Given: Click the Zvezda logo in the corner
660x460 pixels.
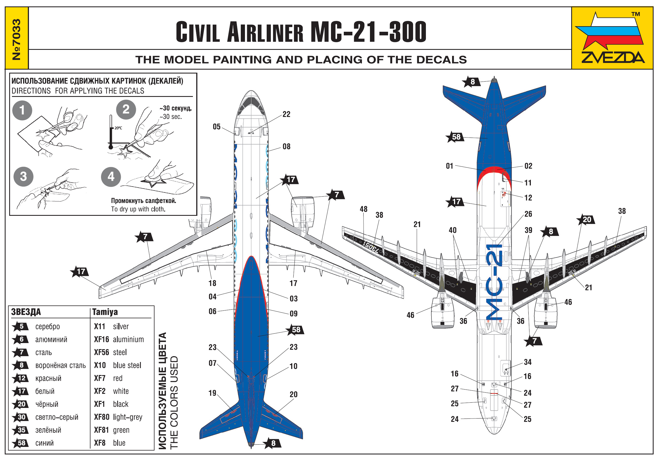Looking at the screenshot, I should [x=612, y=38].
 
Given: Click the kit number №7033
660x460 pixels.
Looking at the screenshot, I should [x=17, y=39].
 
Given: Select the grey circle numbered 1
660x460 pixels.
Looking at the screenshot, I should [x=22, y=110].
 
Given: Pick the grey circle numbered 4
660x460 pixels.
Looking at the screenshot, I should [x=111, y=177].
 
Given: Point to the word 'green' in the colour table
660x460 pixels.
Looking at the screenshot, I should [x=121, y=430].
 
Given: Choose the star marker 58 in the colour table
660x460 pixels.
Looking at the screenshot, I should [x=20, y=443].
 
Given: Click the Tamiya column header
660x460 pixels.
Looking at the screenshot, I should [x=105, y=312].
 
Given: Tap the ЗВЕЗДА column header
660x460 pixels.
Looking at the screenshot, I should [x=26, y=312].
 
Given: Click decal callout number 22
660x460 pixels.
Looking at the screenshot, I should [x=286, y=114].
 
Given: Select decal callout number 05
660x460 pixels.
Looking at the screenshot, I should [x=217, y=127].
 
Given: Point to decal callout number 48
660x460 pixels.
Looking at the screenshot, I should [x=363, y=209].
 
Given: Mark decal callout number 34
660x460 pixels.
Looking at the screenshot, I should [x=527, y=362].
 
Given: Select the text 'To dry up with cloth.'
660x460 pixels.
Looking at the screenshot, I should [x=138, y=209].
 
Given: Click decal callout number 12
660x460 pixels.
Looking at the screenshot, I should [x=528, y=198].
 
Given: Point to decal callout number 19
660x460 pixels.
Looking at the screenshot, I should [x=212, y=393].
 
